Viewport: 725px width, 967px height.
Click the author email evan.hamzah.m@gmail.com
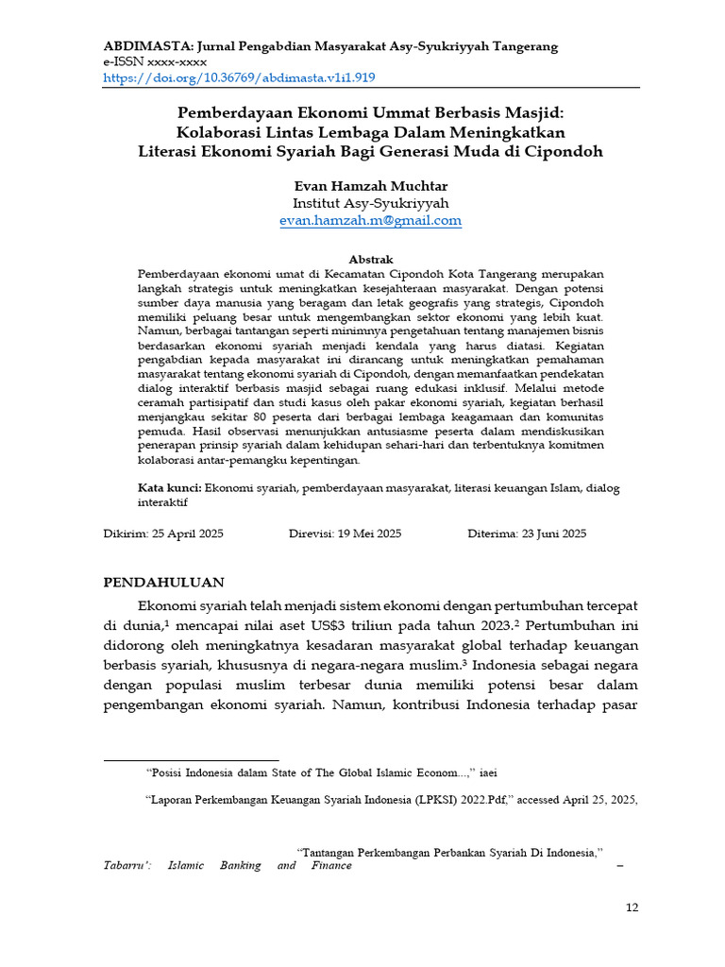tap(370, 220)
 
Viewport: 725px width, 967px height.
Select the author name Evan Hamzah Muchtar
tap(370, 186)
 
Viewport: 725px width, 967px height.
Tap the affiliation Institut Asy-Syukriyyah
tap(370, 203)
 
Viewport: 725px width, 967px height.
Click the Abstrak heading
tap(371, 259)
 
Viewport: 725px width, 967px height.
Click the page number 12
tap(632, 908)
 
